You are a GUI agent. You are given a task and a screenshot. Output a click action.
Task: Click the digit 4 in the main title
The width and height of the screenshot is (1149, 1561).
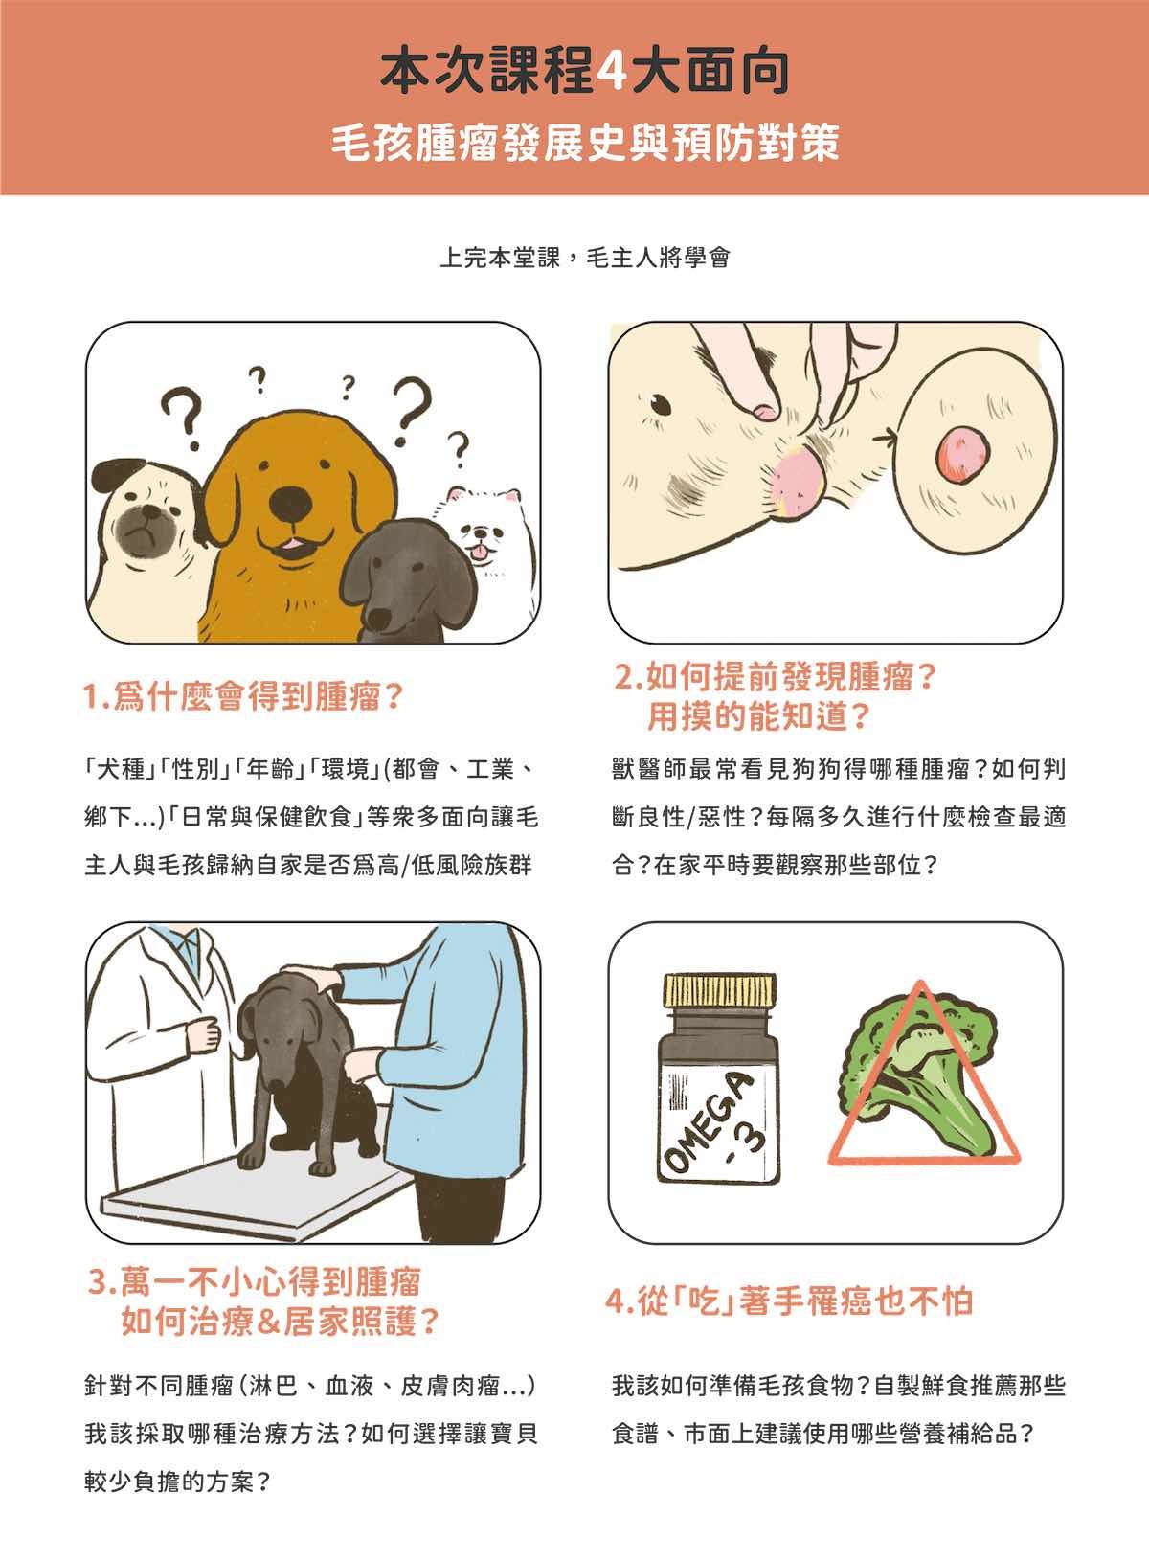[x=612, y=72]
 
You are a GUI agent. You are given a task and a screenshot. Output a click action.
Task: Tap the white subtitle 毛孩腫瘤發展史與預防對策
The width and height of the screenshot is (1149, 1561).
[x=585, y=143]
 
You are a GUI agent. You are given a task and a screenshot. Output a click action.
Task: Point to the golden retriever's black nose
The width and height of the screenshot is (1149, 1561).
[x=291, y=502]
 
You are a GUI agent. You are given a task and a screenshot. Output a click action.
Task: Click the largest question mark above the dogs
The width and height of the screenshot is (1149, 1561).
[x=411, y=411]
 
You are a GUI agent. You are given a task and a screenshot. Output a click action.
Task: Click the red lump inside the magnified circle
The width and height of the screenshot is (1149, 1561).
[x=963, y=454]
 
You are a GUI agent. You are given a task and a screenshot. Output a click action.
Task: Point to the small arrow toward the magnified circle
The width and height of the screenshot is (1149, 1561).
[x=884, y=438]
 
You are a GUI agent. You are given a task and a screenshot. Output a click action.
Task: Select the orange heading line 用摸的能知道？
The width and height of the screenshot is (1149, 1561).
[x=758, y=715]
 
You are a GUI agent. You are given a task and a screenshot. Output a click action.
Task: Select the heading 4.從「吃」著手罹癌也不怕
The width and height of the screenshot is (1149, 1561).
[x=789, y=1301]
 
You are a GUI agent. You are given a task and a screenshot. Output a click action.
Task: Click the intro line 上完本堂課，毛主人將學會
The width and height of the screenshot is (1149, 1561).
[x=585, y=258]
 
